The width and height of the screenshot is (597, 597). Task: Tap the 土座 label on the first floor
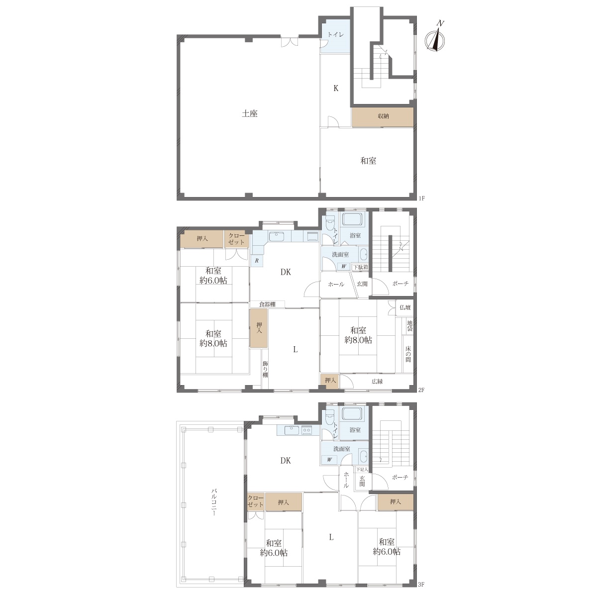(x=249, y=114)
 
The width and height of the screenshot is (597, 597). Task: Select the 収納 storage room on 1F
(x=383, y=117)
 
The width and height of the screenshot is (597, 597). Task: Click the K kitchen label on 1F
(x=335, y=89)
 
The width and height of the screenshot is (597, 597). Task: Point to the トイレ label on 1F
(x=336, y=35)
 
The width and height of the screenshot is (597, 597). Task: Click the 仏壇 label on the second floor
(x=405, y=307)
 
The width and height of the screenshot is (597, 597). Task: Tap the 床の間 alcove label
(x=408, y=354)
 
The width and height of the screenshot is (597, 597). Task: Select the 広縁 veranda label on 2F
(x=377, y=382)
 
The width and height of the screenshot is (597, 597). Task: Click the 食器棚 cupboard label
(x=267, y=304)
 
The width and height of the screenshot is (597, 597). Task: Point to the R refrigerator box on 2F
(x=257, y=261)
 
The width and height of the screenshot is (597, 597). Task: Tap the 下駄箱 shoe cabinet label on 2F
(x=360, y=267)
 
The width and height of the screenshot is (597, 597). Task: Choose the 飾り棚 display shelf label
(x=265, y=369)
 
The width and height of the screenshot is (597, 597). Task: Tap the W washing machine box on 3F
(x=329, y=460)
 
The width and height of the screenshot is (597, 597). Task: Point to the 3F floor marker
(x=421, y=584)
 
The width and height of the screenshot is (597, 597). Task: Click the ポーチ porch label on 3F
(x=399, y=478)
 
